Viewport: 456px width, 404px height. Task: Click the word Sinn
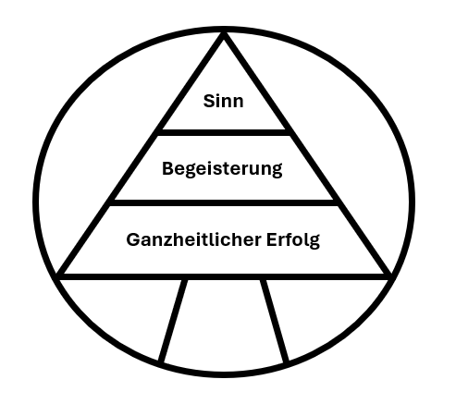(x=224, y=101)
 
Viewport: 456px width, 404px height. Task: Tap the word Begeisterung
(x=222, y=169)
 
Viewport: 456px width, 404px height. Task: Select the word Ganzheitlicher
(x=193, y=240)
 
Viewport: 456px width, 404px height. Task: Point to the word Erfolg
(x=293, y=240)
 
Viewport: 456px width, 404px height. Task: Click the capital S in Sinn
(x=209, y=101)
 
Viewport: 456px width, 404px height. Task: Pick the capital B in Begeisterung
(x=168, y=168)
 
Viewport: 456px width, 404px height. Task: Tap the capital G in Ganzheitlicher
(x=133, y=239)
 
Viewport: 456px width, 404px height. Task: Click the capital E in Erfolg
(x=272, y=239)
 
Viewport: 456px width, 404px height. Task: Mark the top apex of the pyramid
(x=224, y=33)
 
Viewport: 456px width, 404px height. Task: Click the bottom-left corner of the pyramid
(x=58, y=275)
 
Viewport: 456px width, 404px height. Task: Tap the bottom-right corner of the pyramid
(x=389, y=275)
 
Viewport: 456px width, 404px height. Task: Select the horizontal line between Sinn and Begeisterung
(x=224, y=132)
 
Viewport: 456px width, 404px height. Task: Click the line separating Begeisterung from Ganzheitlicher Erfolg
(x=224, y=202)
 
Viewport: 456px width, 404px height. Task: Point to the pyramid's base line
(x=224, y=276)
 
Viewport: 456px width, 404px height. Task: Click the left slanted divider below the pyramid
(x=173, y=321)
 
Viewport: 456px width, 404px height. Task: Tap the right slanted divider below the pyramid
(x=275, y=321)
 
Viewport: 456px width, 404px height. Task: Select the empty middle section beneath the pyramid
(x=224, y=324)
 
